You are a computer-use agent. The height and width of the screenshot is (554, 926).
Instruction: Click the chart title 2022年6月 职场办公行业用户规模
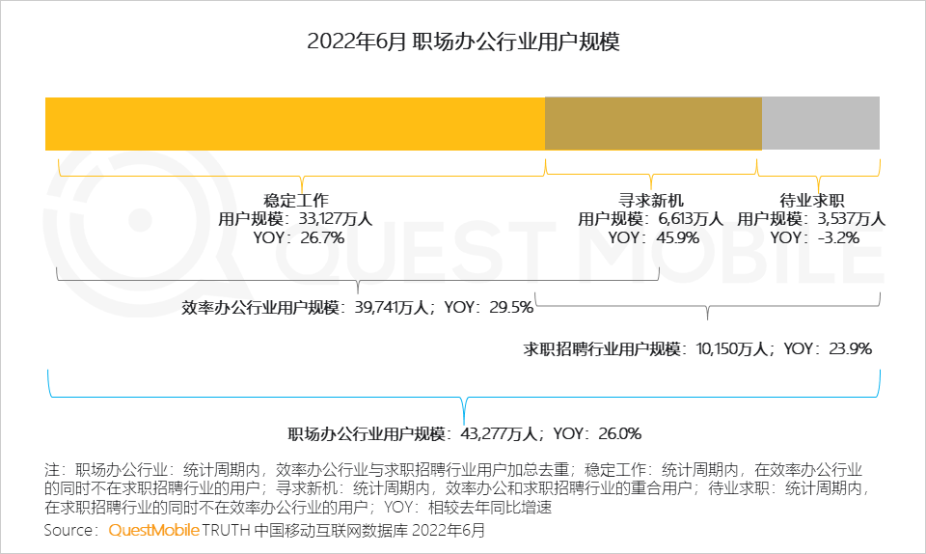tap(463, 42)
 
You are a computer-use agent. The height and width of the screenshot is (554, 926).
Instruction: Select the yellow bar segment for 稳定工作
tap(294, 124)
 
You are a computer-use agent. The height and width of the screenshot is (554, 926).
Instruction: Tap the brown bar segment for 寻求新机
tap(653, 124)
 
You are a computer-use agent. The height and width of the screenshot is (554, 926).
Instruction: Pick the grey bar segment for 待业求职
tap(820, 124)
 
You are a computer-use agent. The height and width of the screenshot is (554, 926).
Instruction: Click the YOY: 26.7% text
tap(298, 237)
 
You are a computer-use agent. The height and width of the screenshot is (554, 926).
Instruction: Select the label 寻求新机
tap(650, 201)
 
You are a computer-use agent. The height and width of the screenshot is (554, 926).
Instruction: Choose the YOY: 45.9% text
tap(653, 237)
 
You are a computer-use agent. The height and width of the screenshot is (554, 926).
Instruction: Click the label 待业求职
tap(812, 201)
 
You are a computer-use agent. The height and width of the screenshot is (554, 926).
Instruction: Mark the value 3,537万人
tap(850, 219)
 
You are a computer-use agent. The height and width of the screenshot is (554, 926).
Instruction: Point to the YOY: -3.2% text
tap(815, 237)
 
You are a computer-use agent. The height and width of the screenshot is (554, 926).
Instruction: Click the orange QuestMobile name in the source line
tap(154, 530)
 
